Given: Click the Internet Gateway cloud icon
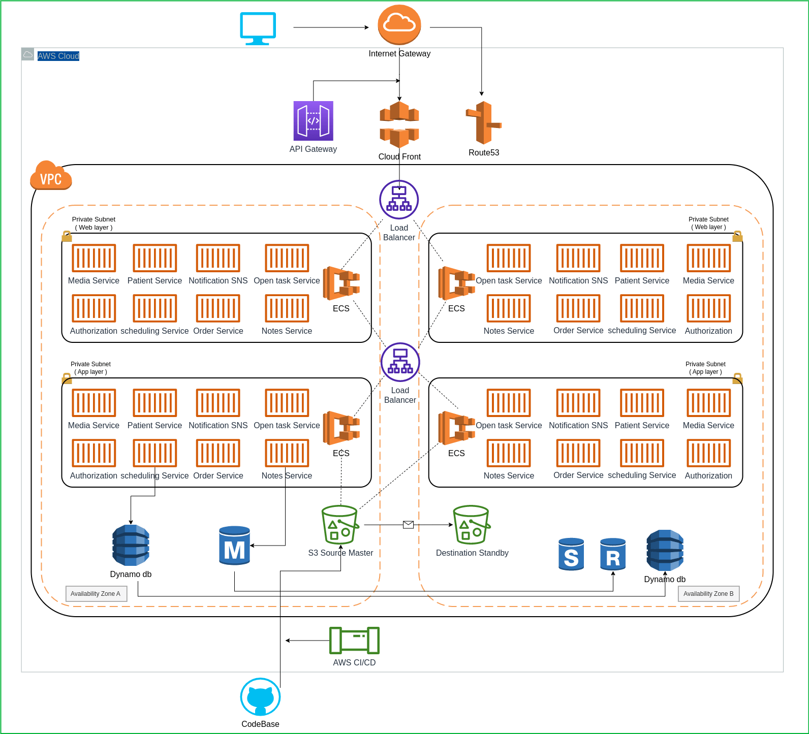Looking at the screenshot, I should pyautogui.click(x=399, y=25).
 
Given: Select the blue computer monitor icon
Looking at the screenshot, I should pyautogui.click(x=258, y=28).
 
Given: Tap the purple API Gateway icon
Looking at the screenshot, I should pyautogui.click(x=313, y=121).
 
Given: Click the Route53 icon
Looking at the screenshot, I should pyautogui.click(x=483, y=122).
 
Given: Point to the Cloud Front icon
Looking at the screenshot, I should pyautogui.click(x=399, y=124).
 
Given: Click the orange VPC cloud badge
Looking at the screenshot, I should pyautogui.click(x=51, y=176).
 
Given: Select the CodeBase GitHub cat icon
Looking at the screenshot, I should pyautogui.click(x=260, y=697).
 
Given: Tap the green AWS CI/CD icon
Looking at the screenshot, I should pyautogui.click(x=354, y=640).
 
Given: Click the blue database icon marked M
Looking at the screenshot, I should pyautogui.click(x=234, y=546).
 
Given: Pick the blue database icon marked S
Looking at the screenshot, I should pyautogui.click(x=571, y=554).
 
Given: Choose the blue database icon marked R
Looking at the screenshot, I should pyautogui.click(x=613, y=554).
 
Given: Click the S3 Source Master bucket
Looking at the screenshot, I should pyautogui.click(x=340, y=525).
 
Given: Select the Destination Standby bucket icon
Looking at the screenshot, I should pyautogui.click(x=471, y=525).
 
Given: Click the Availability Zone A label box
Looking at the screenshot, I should pyautogui.click(x=96, y=593).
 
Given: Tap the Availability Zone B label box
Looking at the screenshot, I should pyautogui.click(x=708, y=593).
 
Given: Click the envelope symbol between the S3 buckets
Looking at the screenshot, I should pyautogui.click(x=408, y=525).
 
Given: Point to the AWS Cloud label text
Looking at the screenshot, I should pyautogui.click(x=58, y=56).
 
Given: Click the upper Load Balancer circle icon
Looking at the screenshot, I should pyautogui.click(x=399, y=200).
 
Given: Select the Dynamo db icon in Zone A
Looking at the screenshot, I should pyautogui.click(x=131, y=546).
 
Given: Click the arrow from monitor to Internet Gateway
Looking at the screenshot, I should pyautogui.click(x=330, y=27).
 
